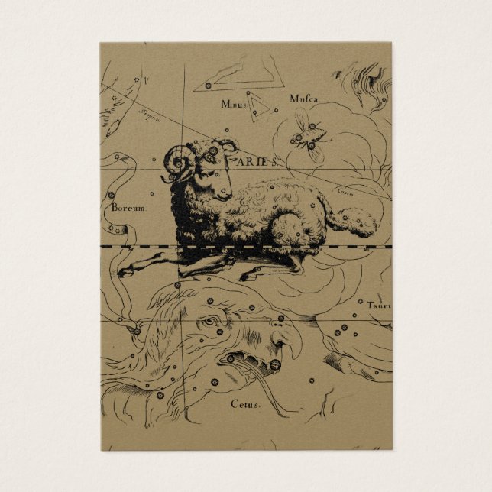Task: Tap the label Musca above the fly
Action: [303, 99]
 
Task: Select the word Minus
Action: [234, 103]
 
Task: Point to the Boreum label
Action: [128, 206]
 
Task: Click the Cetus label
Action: [245, 403]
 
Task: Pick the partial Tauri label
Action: [378, 306]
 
